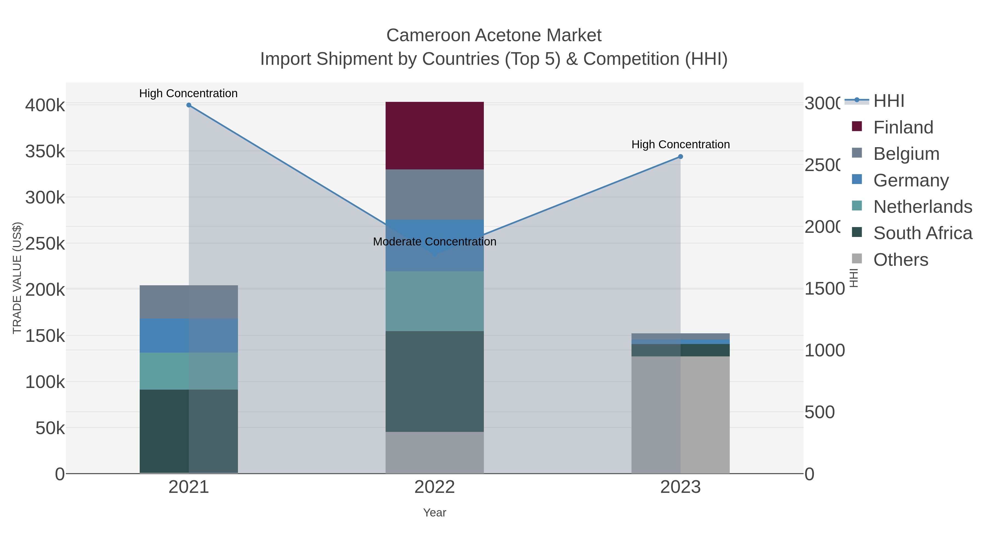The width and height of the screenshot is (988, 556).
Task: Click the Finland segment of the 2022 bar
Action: (434, 135)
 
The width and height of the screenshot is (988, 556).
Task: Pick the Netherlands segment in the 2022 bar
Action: (434, 301)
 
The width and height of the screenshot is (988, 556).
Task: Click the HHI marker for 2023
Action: (680, 157)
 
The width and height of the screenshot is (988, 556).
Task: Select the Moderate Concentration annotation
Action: (434, 242)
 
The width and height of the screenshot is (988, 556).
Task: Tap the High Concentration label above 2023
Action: (680, 145)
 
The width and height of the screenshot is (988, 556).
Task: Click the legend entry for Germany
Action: (911, 180)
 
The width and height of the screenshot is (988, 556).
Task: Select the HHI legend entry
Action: (888, 101)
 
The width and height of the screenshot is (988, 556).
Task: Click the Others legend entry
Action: (900, 260)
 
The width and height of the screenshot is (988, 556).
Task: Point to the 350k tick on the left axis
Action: (45, 152)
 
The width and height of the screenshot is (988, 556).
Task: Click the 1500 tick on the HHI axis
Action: (824, 289)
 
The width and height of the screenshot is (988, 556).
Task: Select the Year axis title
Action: (434, 513)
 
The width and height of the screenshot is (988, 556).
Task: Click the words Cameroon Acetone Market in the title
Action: (494, 35)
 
